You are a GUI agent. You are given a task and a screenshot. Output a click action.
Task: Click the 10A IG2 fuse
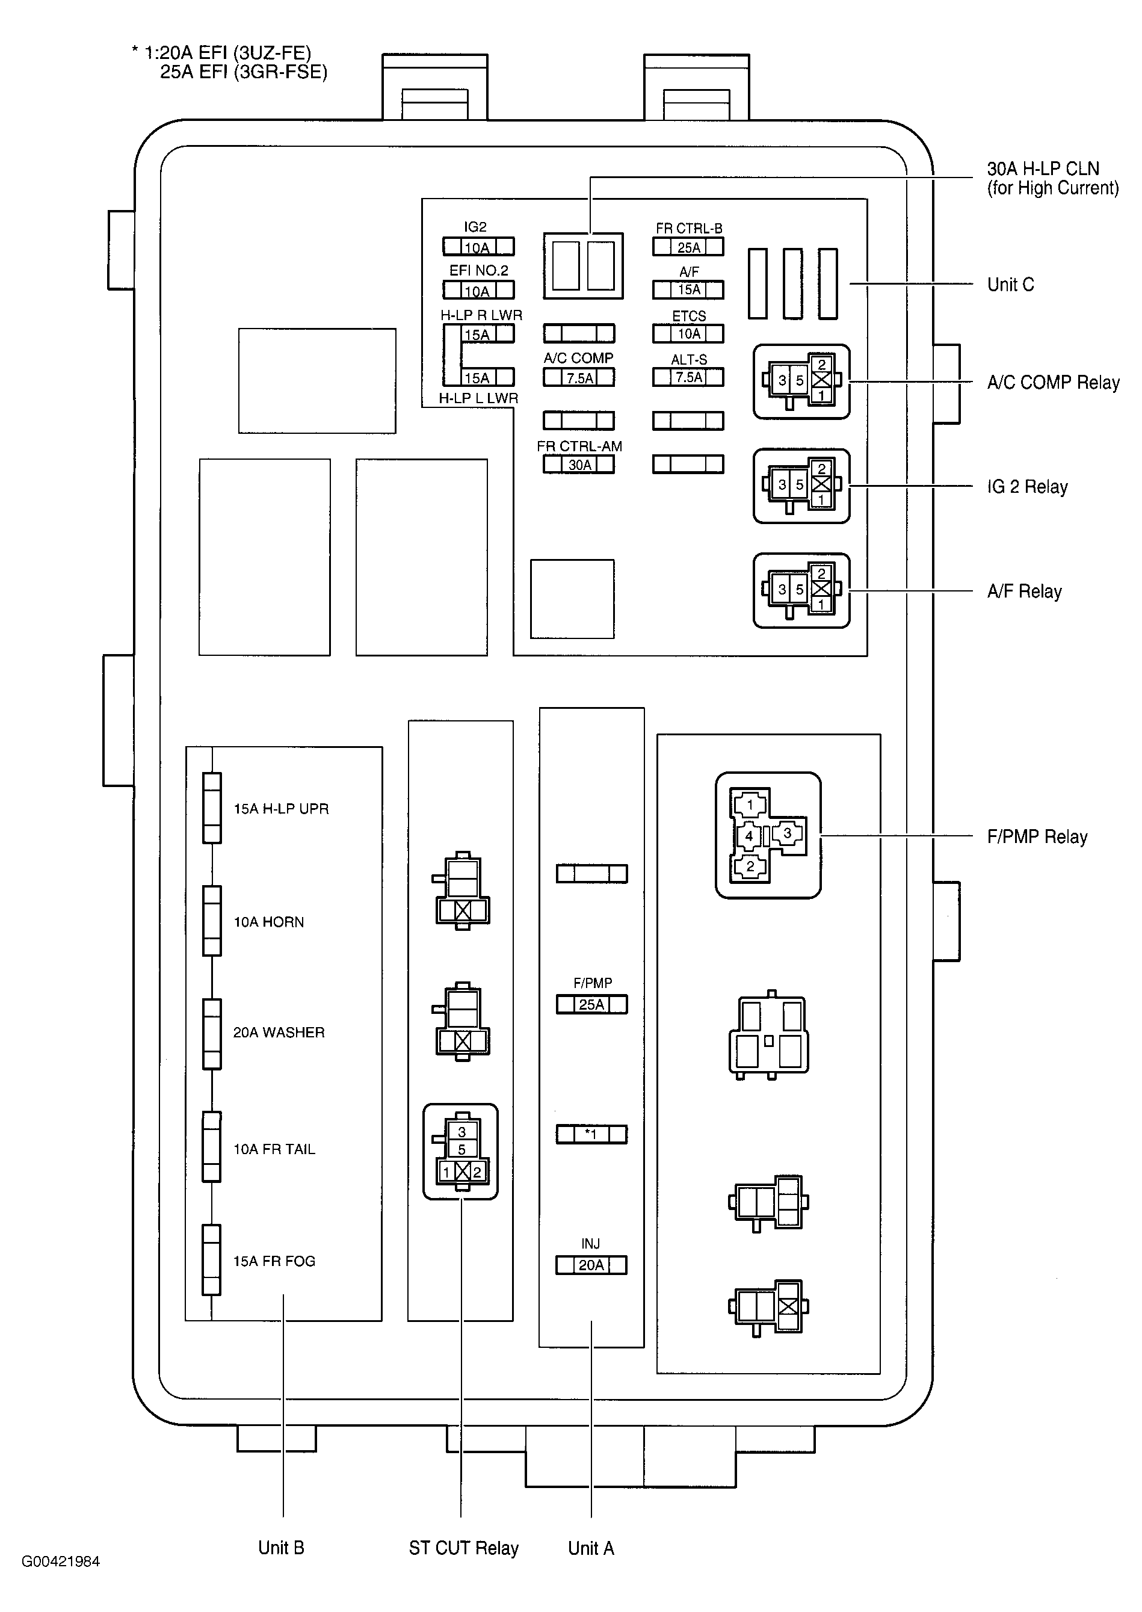coord(478,247)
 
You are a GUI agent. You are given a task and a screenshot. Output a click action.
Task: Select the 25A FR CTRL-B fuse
coord(688,247)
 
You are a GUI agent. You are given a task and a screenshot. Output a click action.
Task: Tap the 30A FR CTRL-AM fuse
coord(579,464)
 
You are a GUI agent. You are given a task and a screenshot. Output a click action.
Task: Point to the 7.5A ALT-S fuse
coord(688,378)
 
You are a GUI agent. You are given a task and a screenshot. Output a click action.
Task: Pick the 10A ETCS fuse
coord(688,333)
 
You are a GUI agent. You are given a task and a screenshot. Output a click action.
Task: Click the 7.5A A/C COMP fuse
coord(579,378)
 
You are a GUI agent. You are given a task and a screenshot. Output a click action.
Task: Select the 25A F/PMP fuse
coord(591,1004)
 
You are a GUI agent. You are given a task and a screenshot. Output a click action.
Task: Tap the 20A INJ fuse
coord(591,1265)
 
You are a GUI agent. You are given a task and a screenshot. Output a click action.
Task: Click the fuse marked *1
coord(591,1134)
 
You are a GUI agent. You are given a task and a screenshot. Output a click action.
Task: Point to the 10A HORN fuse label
coord(268,922)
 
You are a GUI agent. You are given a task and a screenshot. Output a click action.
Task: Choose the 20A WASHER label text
coord(279,1033)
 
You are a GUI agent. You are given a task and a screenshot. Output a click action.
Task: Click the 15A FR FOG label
coord(274,1261)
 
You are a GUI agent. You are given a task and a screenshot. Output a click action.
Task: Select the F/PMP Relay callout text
coord(1037,837)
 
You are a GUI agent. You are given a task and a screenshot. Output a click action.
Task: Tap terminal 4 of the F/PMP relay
coord(749,836)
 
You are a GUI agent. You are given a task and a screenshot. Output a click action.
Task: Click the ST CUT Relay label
coord(463,1548)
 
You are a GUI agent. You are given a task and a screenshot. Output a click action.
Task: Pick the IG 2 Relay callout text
coord(1026,487)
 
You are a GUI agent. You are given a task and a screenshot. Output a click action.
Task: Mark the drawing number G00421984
coord(61,1561)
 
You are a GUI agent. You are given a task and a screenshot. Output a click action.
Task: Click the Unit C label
coord(1010,285)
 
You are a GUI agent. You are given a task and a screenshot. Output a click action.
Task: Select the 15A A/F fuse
coord(688,290)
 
